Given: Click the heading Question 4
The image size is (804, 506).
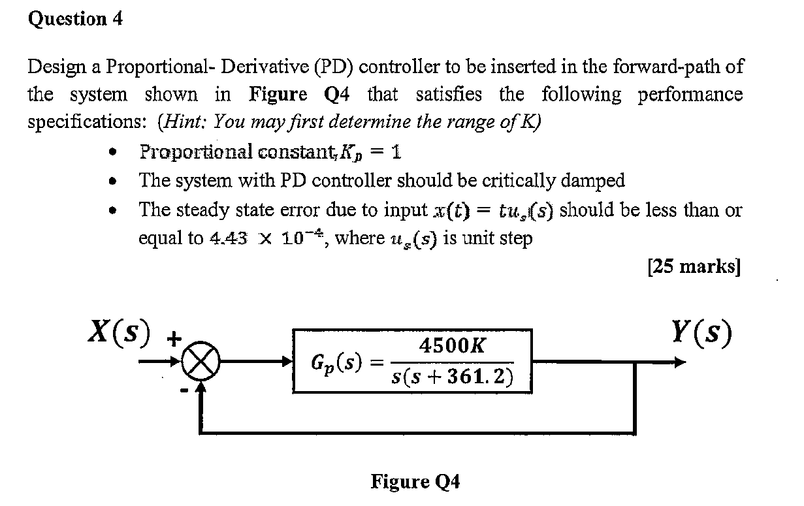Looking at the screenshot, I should pyautogui.click(x=76, y=20).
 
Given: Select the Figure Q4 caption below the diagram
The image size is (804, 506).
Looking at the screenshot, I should pyautogui.click(x=415, y=482).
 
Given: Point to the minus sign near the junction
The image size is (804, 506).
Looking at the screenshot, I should pyautogui.click(x=184, y=390).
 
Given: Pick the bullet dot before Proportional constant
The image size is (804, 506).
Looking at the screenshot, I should pyautogui.click(x=116, y=152).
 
